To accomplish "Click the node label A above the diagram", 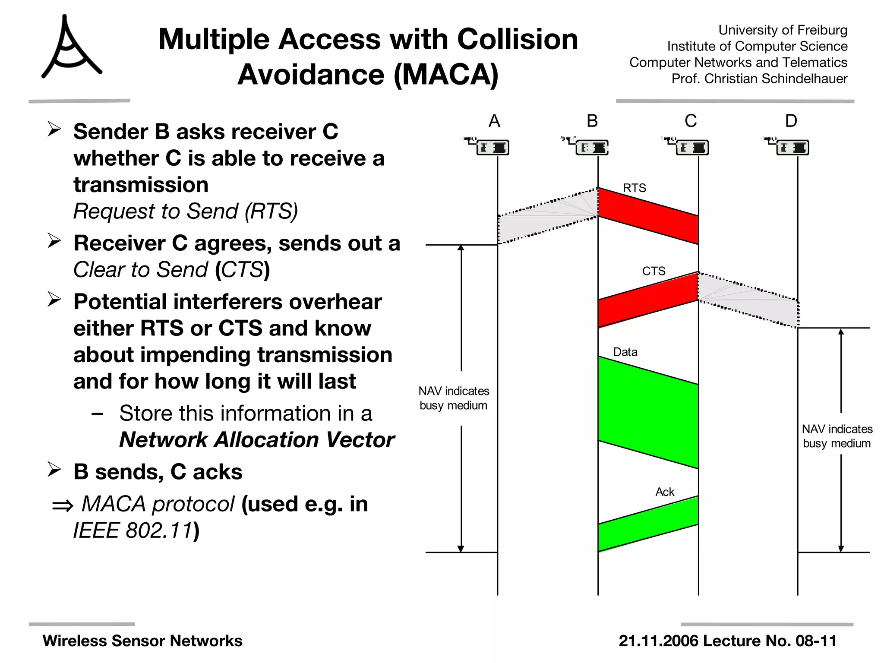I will pyautogui.click(x=494, y=121).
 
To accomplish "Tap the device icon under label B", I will pyautogui.click(x=591, y=147).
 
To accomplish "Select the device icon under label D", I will pyautogui.click(x=792, y=147).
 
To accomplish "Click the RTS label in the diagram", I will pyautogui.click(x=634, y=188).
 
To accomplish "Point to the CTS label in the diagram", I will pyautogui.click(x=654, y=271).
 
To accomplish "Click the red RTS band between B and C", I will pyautogui.click(x=647, y=216).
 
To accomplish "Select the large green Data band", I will pyautogui.click(x=647, y=412).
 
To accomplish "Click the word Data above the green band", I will pyautogui.click(x=625, y=352).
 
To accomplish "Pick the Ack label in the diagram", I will pyautogui.click(x=664, y=492).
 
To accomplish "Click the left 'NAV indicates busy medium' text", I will pyautogui.click(x=454, y=398).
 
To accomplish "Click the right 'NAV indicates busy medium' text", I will pyautogui.click(x=837, y=436).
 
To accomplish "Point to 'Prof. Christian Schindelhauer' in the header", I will pyautogui.click(x=759, y=79).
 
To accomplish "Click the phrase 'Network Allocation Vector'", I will pyautogui.click(x=256, y=439).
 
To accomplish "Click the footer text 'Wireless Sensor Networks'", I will pyautogui.click(x=142, y=641).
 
